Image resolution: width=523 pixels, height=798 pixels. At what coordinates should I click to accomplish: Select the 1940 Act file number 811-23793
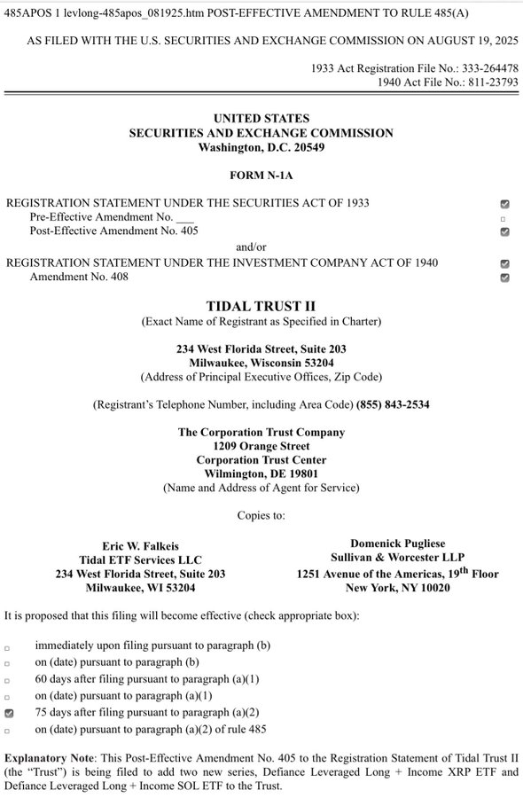(x=483, y=82)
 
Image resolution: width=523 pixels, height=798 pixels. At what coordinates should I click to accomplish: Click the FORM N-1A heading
(x=261, y=176)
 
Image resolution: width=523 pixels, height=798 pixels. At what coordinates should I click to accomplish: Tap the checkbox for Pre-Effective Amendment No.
(x=503, y=217)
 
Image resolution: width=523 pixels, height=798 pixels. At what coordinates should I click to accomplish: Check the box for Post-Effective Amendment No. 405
(x=504, y=231)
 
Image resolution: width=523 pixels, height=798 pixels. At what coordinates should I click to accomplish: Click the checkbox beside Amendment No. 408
(x=504, y=278)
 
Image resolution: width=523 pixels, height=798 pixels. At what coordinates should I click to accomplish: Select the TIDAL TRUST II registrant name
(x=261, y=305)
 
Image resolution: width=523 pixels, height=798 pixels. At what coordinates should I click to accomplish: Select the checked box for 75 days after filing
(x=9, y=712)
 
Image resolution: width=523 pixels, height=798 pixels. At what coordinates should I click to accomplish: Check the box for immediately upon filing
(x=8, y=648)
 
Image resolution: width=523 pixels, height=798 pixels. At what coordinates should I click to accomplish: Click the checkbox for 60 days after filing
(x=8, y=680)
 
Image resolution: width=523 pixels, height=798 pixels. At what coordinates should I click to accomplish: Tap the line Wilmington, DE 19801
(x=261, y=474)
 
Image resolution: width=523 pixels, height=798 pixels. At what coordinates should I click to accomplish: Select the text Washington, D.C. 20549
(x=261, y=147)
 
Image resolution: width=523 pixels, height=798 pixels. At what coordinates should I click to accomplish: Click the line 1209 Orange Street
(x=261, y=446)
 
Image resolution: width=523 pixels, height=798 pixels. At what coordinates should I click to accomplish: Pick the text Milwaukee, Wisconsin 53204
(x=261, y=363)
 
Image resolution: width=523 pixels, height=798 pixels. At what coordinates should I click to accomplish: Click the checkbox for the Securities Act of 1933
(x=504, y=203)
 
